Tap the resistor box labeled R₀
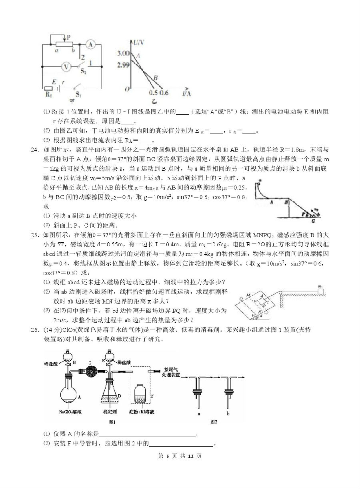[x=48, y=88]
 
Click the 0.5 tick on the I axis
[x=152, y=93]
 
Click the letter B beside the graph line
[x=156, y=78]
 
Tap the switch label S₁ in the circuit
[x=78, y=95]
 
